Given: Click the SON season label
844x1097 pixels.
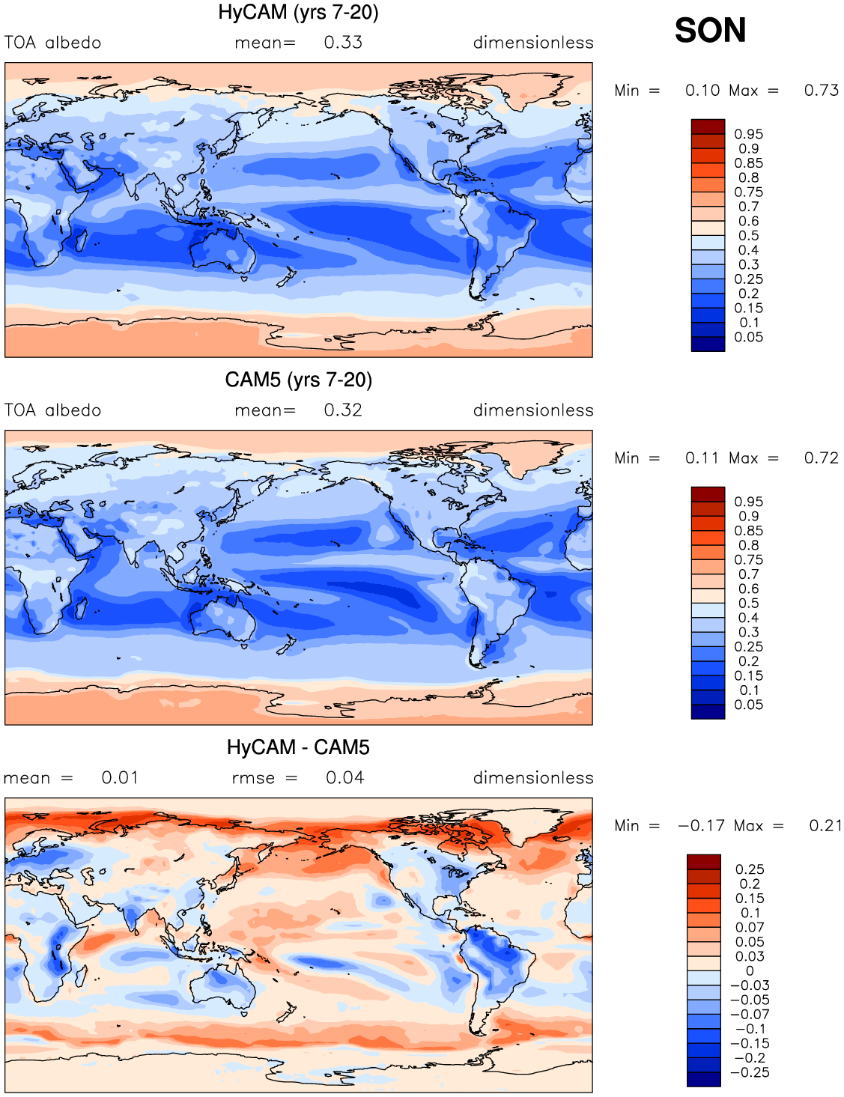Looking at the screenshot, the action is (710, 30).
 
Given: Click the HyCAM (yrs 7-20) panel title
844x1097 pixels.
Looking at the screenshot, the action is (298, 12).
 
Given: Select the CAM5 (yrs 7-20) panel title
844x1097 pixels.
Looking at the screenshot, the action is (298, 380).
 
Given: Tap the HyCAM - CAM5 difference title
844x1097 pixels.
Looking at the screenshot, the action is (298, 747).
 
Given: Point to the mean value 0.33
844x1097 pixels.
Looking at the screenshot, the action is (343, 43).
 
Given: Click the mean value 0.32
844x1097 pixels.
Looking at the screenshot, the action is (343, 410).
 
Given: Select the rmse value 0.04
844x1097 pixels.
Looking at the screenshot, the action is (344, 777).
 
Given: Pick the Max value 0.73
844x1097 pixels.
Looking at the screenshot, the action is (821, 91).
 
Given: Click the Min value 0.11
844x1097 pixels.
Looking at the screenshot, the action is (702, 458).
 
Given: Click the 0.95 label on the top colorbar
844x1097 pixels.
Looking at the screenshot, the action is (749, 134).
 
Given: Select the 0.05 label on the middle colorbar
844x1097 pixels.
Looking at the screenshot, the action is (749, 705).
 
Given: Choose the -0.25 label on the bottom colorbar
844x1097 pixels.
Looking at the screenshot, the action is (750, 1072).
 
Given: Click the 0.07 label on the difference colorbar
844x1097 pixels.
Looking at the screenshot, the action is (750, 927).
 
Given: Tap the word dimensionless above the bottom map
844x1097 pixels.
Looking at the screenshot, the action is (533, 777).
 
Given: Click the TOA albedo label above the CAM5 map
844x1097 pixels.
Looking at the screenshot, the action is (52, 410).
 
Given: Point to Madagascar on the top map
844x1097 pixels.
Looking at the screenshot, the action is (80, 240).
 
